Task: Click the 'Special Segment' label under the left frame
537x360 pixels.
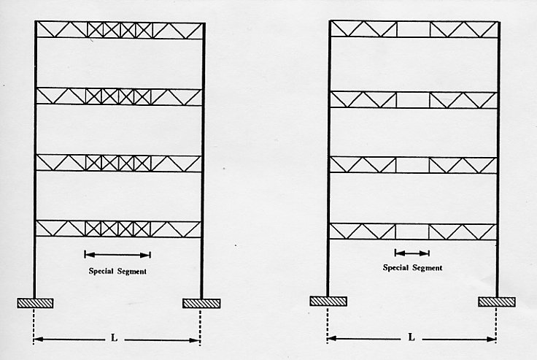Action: (x=117, y=271)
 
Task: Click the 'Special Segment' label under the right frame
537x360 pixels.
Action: (x=412, y=268)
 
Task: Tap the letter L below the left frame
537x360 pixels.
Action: (x=114, y=338)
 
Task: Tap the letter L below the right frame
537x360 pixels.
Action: (x=412, y=337)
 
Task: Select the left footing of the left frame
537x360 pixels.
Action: (x=35, y=303)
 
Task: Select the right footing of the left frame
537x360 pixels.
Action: (x=201, y=303)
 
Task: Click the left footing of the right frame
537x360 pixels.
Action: (x=328, y=302)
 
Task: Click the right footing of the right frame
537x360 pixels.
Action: (x=497, y=302)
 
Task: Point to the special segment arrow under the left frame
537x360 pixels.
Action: (x=117, y=255)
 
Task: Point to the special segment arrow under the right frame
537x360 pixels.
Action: (x=412, y=253)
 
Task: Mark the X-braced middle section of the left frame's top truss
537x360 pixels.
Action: (x=120, y=30)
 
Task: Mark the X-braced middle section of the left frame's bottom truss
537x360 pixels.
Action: (x=117, y=229)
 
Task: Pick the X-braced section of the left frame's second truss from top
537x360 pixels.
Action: (x=118, y=96)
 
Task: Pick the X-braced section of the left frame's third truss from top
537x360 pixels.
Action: (x=118, y=163)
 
